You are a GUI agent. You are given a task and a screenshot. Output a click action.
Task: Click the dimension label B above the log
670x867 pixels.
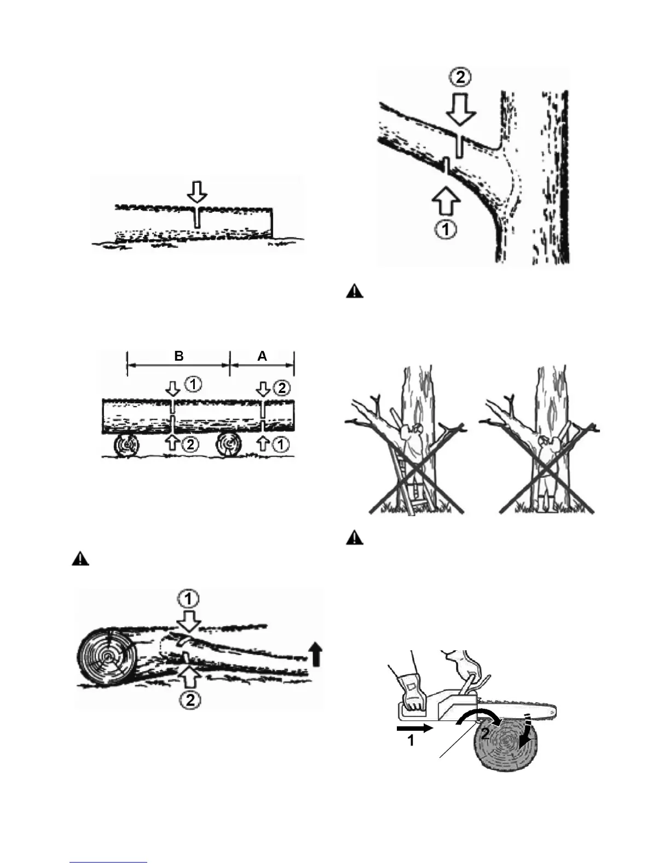(179, 356)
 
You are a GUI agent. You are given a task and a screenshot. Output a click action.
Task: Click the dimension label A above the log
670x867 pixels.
(262, 356)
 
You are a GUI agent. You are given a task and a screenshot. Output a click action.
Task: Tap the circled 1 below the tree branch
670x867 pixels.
(446, 229)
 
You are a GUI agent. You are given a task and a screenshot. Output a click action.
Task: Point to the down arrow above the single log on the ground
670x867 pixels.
(197, 192)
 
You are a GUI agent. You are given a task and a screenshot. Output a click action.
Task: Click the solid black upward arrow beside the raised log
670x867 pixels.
(315, 654)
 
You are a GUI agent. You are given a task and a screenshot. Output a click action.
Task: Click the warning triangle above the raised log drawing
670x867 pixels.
(80, 559)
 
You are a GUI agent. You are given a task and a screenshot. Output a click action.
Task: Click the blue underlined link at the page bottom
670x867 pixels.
(109, 862)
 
